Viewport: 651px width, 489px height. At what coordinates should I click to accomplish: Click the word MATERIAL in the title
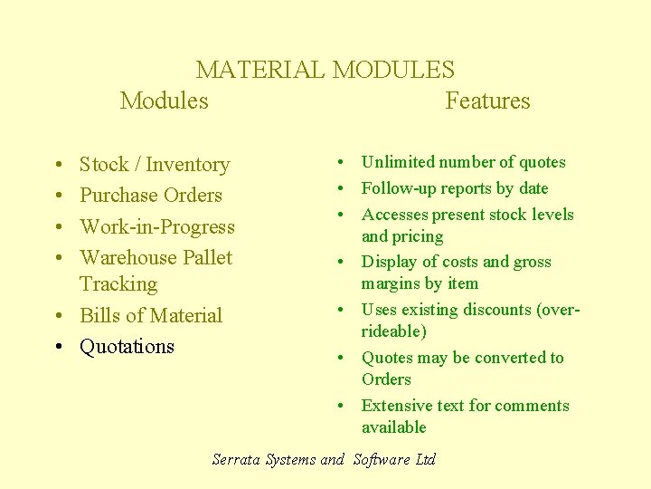coord(261,70)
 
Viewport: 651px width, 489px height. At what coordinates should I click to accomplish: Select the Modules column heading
coord(164,101)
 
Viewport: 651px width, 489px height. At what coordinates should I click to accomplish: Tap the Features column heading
coord(487,101)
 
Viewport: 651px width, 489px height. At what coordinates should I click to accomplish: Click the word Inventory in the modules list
coord(188,165)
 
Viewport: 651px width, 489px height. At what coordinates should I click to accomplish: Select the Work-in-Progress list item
coord(157,226)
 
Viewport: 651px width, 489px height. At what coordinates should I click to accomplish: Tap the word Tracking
coord(118,284)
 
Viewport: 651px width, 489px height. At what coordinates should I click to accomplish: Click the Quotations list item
coord(127,347)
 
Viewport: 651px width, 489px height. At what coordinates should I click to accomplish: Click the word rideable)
coord(394,331)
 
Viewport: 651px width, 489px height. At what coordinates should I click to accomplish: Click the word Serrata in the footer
coord(237,459)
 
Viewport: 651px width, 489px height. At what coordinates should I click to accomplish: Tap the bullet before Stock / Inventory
coord(57,166)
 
